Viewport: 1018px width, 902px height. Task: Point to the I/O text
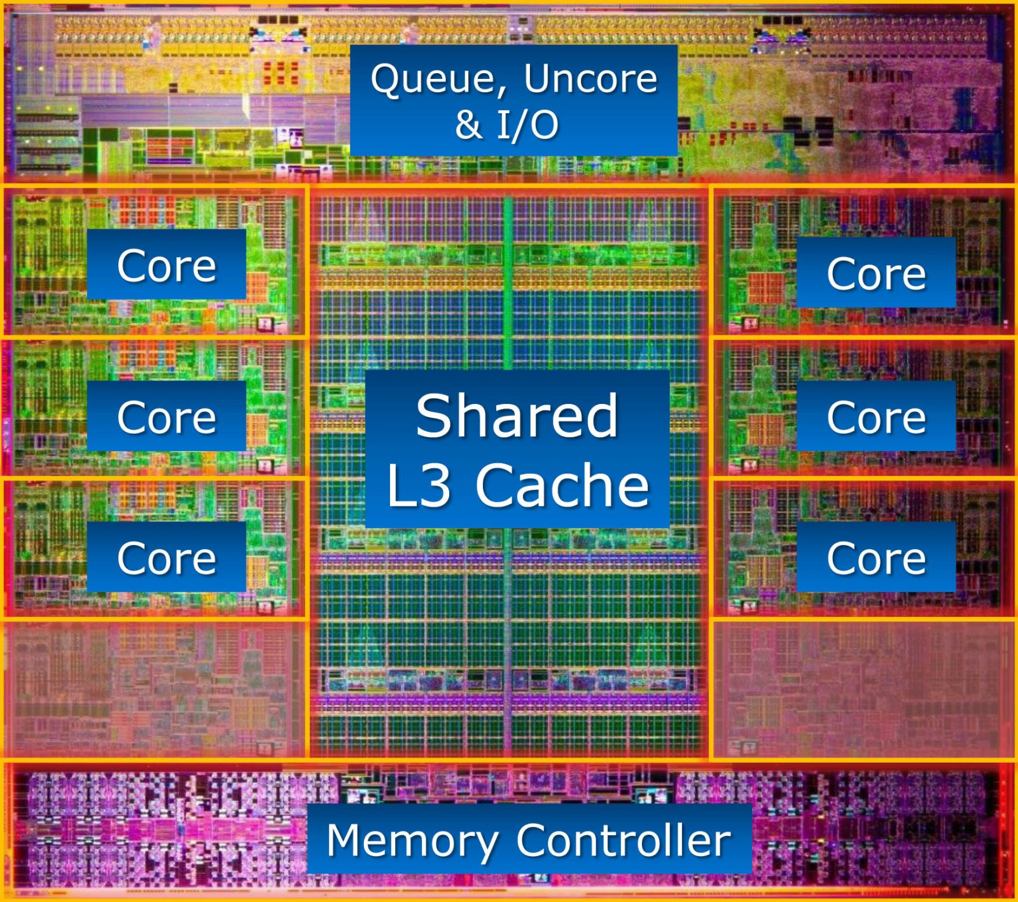coord(527,124)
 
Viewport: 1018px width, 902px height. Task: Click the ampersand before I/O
coord(468,125)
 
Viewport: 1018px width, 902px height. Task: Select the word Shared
coord(517,416)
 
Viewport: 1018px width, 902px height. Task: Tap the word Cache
coord(562,485)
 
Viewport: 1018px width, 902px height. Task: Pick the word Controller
coord(624,840)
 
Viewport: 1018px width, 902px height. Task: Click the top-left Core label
coord(167,265)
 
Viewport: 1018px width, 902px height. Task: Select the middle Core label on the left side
coord(167,417)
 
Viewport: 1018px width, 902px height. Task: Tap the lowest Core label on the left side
coord(167,558)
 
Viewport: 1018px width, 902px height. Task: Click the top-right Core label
coord(876,274)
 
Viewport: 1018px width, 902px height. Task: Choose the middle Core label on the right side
coord(876,417)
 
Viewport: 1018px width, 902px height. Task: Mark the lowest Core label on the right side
coord(876,558)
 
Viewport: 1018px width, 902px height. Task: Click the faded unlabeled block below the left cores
coord(155,689)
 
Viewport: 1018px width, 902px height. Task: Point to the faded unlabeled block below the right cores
coord(863,689)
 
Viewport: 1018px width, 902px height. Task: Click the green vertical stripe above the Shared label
coord(508,283)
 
